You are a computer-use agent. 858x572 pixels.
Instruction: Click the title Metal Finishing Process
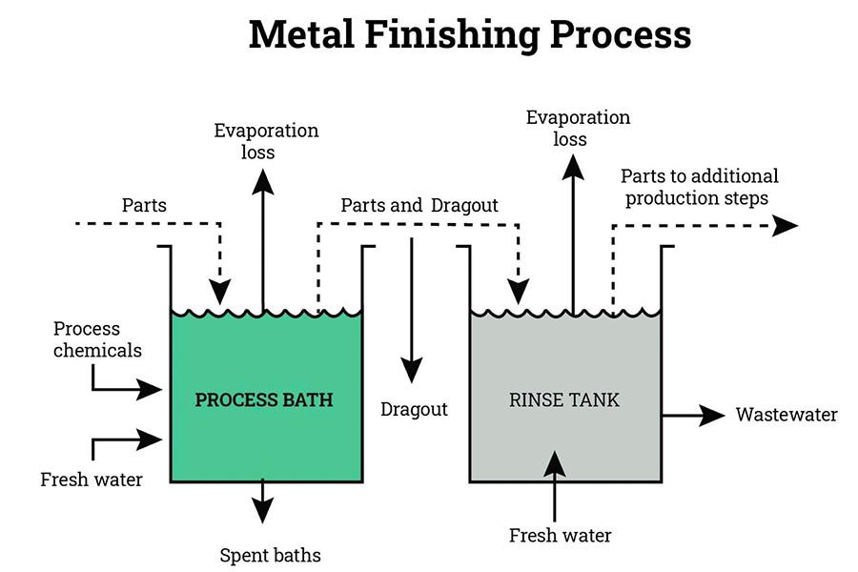(469, 35)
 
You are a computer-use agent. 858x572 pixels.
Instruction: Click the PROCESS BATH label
(264, 399)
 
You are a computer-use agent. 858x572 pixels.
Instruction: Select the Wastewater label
(786, 415)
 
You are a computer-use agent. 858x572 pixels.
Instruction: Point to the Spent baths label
(270, 555)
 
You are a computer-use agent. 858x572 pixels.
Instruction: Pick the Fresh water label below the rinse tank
(560, 535)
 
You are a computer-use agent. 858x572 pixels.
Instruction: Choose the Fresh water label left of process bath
(92, 479)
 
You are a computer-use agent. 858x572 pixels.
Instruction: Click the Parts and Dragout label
(419, 205)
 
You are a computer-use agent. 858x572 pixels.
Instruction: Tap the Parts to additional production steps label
(699, 187)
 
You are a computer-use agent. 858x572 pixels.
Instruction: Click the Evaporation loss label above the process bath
(266, 141)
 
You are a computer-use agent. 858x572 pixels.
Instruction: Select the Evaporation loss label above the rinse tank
(578, 128)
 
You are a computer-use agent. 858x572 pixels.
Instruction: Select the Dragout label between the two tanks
(414, 410)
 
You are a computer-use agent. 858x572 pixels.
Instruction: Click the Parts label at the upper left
(144, 205)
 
